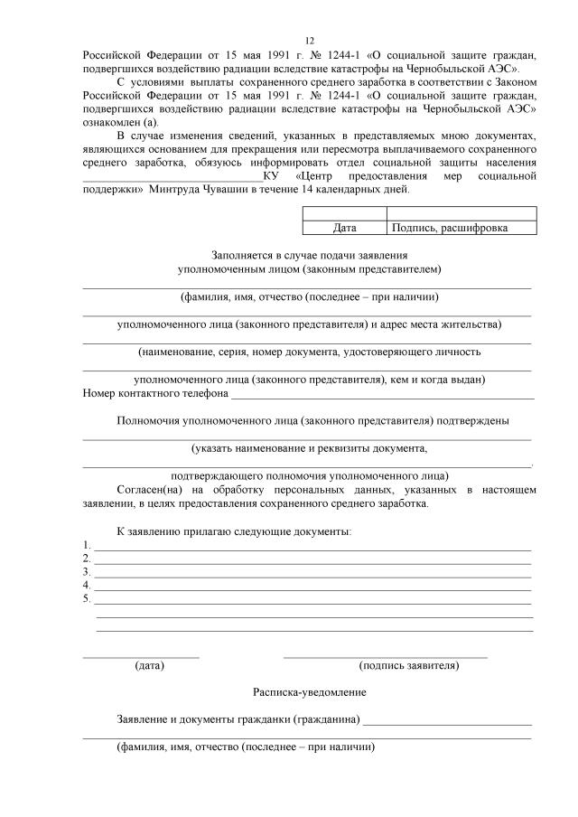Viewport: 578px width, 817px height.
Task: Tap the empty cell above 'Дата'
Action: (x=344, y=213)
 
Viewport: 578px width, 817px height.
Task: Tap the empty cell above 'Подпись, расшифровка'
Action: (x=461, y=213)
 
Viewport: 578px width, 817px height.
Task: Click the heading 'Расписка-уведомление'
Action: (x=310, y=692)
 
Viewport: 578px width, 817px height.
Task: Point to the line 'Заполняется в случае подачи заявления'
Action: (x=310, y=256)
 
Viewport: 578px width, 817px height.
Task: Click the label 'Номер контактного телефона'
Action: (x=154, y=393)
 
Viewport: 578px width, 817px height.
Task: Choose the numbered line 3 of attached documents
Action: (x=312, y=573)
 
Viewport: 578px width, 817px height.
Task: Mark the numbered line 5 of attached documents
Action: (x=312, y=599)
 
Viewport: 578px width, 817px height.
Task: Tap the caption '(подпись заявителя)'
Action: (x=408, y=666)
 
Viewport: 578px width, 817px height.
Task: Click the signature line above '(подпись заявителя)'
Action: (x=386, y=655)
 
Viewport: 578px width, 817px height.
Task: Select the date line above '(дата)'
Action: (x=141, y=655)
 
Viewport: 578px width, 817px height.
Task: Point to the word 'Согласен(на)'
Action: (x=149, y=490)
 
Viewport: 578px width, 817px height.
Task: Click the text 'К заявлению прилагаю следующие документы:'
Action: (x=234, y=531)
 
